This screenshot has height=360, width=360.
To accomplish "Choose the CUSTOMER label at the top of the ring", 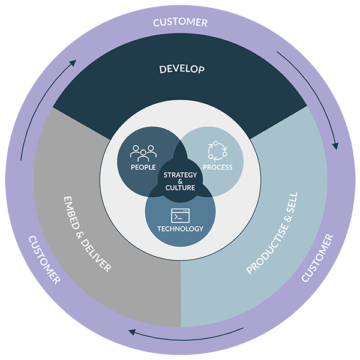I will [180, 23].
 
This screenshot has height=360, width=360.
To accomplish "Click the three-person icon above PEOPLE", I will [143, 152].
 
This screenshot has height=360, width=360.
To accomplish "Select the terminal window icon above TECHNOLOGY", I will [180, 215].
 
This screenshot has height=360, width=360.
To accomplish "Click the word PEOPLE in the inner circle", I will [143, 167].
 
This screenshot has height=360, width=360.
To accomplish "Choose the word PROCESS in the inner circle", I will [217, 167].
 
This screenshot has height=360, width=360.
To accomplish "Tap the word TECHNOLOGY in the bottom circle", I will [180, 229].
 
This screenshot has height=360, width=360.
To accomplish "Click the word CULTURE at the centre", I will [181, 187].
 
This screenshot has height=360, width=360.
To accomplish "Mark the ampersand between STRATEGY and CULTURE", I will [181, 181].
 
